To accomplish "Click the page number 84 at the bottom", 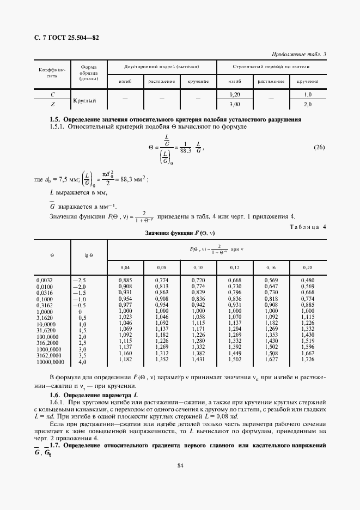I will click(x=180, y=465).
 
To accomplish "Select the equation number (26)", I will click(x=320, y=148).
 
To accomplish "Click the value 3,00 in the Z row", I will click(x=235, y=104).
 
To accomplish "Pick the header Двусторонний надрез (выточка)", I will click(x=162, y=67).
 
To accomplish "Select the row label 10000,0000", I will click(x=51, y=361).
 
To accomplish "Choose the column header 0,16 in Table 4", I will click(x=271, y=268).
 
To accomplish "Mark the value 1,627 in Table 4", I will click(x=271, y=360).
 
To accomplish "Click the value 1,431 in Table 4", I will click(x=198, y=360).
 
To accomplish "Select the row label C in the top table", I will click(x=52, y=95).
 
